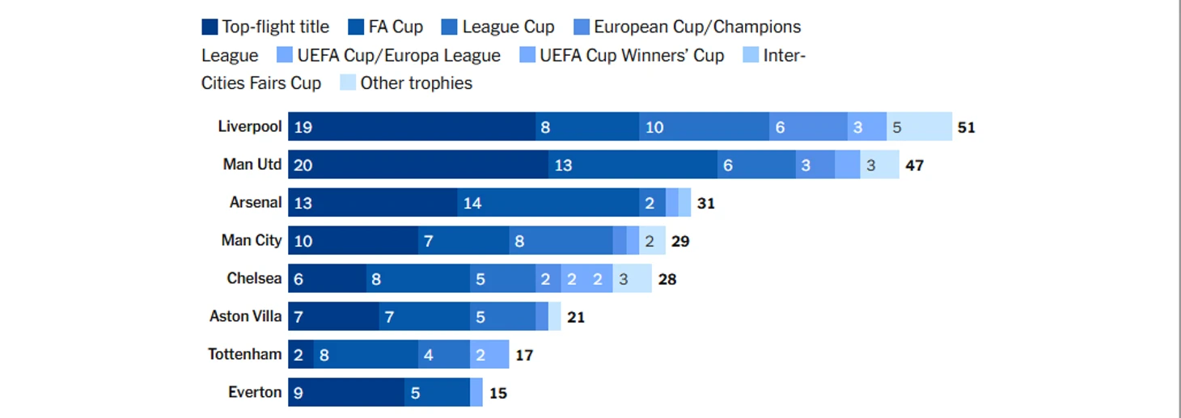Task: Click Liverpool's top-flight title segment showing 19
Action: click(411, 127)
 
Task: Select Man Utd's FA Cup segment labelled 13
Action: click(633, 165)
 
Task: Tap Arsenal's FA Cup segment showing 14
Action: click(548, 203)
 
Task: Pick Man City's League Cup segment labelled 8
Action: click(561, 241)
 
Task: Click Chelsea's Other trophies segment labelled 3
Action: click(632, 279)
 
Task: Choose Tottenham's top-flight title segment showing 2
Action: click(300, 354)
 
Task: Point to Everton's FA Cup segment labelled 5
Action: click(437, 392)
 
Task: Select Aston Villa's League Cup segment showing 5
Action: click(502, 317)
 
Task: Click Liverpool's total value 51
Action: click(966, 127)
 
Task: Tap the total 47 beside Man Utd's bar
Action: click(914, 165)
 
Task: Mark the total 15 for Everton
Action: click(498, 393)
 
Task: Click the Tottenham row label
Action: click(244, 354)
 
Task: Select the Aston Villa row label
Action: click(245, 316)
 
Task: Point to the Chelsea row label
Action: click(254, 278)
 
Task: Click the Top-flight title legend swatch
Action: click(210, 27)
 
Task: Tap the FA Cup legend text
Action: click(396, 27)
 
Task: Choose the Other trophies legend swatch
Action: click(348, 82)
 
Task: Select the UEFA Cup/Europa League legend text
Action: click(399, 56)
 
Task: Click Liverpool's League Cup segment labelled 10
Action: click(704, 127)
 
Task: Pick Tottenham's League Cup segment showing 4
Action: click(443, 354)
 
